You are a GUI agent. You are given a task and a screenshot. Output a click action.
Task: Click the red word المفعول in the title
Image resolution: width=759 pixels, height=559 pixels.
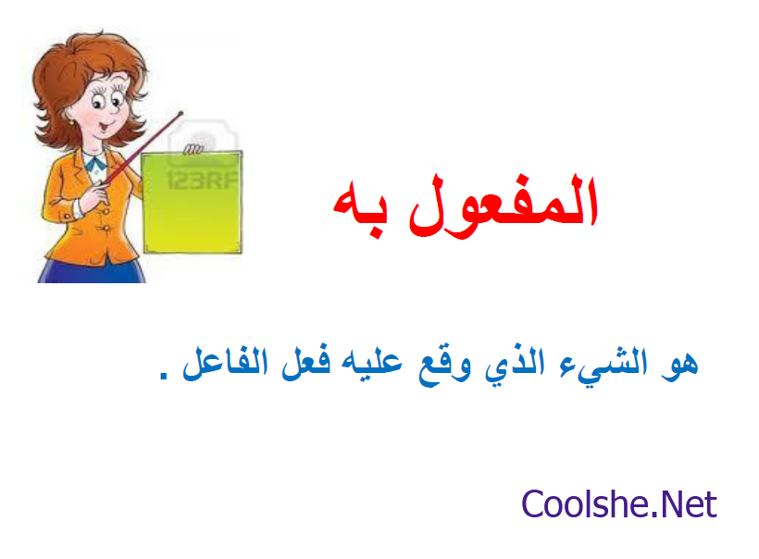pos(504,205)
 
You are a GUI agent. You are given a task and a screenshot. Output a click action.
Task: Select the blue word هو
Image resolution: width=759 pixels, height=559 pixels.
pos(679,363)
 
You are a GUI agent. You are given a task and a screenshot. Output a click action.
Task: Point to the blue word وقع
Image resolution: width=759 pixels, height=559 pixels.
pos(444,366)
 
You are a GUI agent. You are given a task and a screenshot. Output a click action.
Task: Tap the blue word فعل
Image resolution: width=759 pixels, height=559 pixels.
pos(306,362)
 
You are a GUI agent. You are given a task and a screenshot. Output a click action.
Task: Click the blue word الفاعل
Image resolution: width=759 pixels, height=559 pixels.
pos(225,362)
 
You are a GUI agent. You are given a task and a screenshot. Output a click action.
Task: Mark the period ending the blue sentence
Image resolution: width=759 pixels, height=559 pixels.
pos(164,376)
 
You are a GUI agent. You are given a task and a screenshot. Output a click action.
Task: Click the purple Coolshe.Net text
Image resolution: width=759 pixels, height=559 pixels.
pos(618,504)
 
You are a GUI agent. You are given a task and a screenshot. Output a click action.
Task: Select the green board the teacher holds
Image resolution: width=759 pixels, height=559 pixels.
pos(193,203)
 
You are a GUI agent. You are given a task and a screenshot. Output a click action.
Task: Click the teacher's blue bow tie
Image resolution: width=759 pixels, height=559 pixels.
pos(97,165)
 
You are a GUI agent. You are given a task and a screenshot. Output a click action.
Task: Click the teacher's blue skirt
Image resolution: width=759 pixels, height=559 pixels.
pos(92,271)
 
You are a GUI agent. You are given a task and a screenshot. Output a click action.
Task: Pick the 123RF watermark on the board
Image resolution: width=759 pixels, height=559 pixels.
pos(203,180)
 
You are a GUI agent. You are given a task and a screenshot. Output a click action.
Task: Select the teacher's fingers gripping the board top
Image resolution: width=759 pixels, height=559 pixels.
pos(193,149)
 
